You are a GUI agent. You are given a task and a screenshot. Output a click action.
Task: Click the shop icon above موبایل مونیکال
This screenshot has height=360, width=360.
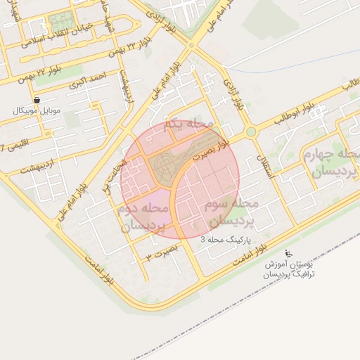[37, 100]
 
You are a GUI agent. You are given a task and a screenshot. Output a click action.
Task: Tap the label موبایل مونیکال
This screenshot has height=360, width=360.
[37, 111]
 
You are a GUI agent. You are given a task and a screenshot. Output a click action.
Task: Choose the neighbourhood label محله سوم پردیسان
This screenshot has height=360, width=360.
[231, 212]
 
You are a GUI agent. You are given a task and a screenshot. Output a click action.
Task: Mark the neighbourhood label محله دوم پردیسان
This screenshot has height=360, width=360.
[144, 217]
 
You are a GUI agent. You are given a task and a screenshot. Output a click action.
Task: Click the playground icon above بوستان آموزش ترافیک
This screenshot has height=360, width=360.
[287, 253]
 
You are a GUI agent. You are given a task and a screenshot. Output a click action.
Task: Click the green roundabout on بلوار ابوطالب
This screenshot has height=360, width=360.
[250, 131]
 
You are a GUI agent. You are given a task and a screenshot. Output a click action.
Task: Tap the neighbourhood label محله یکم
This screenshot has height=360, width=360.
[187, 125]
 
